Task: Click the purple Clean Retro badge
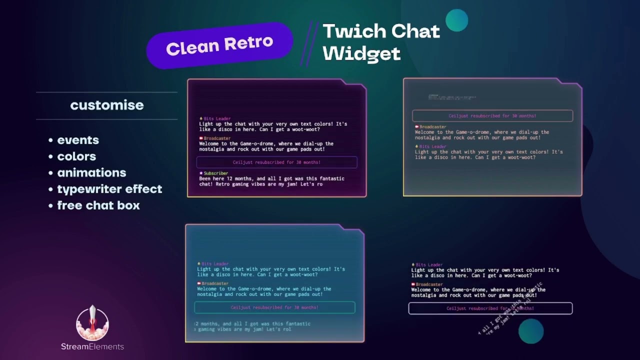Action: tap(219, 45)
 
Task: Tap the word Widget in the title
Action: tap(361, 53)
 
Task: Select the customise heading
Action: tap(107, 105)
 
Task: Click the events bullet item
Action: tap(77, 140)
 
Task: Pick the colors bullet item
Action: tap(76, 156)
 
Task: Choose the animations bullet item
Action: tap(91, 173)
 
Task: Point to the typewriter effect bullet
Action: tap(109, 189)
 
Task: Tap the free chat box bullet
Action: tap(98, 205)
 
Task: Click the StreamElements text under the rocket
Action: tap(92, 346)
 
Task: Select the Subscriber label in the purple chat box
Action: tap(215, 173)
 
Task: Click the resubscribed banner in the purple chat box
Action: tap(276, 162)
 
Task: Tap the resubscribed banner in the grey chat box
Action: tap(492, 116)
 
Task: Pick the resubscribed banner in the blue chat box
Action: tap(274, 307)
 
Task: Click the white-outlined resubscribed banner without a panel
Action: tap(490, 308)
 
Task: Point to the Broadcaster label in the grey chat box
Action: tap(432, 127)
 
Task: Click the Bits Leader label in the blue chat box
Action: tap(214, 264)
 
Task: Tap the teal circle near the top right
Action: tap(456, 20)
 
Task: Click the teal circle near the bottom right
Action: tap(530, 331)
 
